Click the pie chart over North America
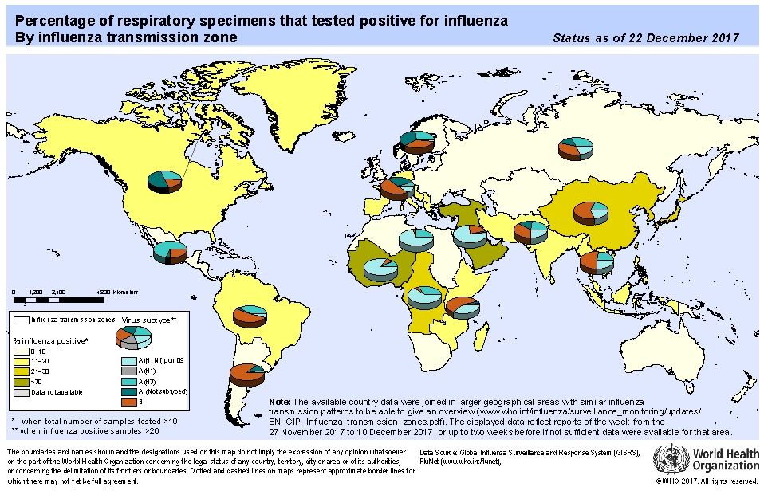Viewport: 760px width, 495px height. [x=165, y=183]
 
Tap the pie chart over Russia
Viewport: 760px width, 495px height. [x=575, y=148]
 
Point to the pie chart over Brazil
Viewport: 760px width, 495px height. [x=250, y=316]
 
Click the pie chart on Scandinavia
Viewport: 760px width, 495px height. [x=417, y=141]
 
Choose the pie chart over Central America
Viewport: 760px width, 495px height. [x=170, y=252]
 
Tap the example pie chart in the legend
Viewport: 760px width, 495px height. [x=132, y=339]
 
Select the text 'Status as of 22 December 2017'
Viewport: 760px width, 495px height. [x=645, y=37]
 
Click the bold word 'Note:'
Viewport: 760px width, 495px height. [x=279, y=401]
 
